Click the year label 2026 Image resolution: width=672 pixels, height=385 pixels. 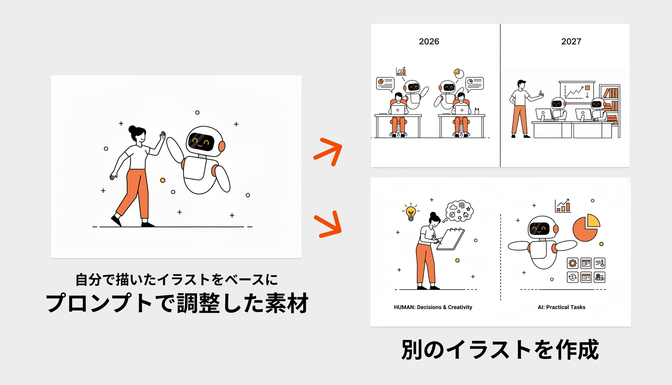[429, 42]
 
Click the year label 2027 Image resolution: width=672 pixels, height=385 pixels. [571, 42]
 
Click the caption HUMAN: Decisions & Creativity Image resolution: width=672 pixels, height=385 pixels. [433, 307]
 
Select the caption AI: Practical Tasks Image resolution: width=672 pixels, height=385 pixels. [561, 307]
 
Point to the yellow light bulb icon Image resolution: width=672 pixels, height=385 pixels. [411, 213]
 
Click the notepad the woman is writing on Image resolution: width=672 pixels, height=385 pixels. [451, 239]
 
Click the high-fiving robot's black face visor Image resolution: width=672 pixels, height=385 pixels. [201, 142]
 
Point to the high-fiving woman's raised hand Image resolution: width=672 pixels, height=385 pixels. [163, 135]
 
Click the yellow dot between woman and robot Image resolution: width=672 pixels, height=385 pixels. [163, 180]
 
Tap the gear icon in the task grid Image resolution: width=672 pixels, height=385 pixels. [572, 263]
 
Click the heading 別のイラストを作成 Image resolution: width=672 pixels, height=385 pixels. [500, 350]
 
